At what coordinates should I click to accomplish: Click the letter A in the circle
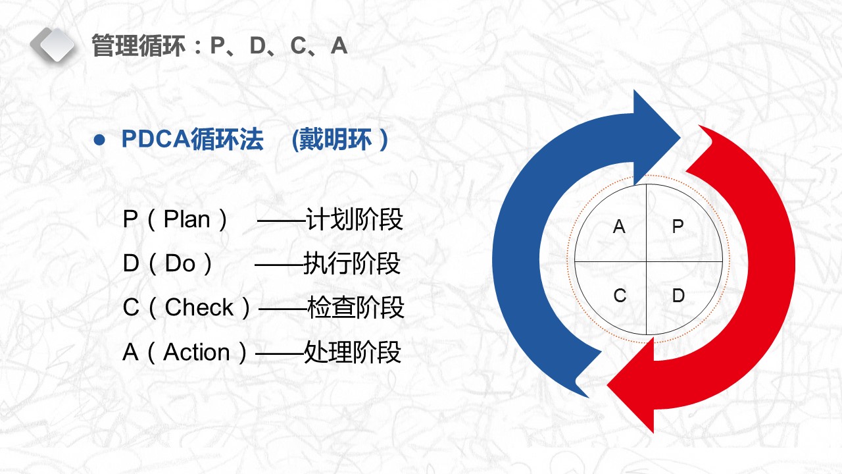619,227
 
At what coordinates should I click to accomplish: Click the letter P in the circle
678,227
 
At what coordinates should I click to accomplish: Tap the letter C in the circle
620,296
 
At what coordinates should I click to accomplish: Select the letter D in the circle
678,296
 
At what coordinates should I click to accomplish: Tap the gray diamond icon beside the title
53,44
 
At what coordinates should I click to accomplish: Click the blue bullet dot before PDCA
99,140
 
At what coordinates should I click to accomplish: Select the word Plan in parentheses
187,220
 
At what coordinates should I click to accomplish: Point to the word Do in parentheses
180,264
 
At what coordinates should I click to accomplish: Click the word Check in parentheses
199,307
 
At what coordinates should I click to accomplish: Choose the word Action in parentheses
197,353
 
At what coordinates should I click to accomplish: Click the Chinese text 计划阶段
355,220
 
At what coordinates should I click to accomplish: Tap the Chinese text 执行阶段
352,264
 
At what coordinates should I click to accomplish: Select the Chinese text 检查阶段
355,307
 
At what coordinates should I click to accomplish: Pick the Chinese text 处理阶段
353,353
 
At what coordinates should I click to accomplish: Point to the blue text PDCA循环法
193,140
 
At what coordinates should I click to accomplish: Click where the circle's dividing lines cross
647,261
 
